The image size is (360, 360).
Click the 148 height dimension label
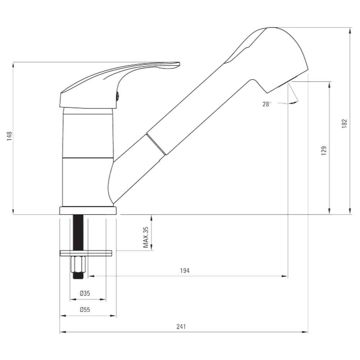pos(9,136)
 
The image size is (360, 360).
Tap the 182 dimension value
pos(345,123)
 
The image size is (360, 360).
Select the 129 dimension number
pos(324,150)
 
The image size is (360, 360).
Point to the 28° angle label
pos(267,104)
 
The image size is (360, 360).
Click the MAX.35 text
pos(146,237)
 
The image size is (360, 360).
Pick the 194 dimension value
pos(185,271)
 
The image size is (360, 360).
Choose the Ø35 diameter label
pos(85,293)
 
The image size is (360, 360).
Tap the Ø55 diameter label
pos(85,310)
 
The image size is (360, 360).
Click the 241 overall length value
pos(181,327)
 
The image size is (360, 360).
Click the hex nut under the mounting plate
pos(78,264)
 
